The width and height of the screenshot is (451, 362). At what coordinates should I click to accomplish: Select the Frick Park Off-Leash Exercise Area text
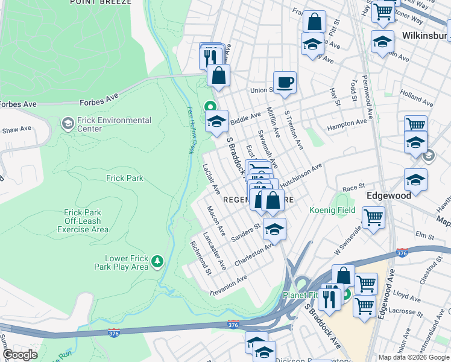click(87, 221)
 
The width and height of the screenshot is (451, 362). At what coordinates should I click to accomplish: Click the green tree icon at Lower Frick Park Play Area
click(157, 261)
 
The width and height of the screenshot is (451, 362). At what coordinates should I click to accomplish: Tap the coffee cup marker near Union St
click(285, 81)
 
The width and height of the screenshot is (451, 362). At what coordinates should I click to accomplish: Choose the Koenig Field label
click(332, 211)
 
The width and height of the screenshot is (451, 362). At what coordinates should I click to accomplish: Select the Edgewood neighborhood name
click(389, 195)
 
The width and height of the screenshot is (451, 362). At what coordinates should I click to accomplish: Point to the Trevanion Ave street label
click(229, 281)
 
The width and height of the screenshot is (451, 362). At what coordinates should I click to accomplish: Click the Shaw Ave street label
click(16, 129)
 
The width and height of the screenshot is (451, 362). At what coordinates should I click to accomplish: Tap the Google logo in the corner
click(20, 355)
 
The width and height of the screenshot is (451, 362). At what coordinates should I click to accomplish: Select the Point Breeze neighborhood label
click(100, 2)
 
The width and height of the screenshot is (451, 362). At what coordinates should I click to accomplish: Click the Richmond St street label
click(200, 256)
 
